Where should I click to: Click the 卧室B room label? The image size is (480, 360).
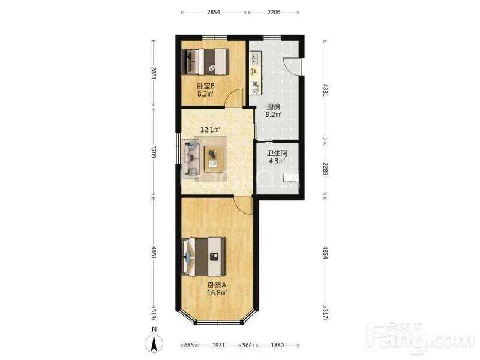coord(205,86)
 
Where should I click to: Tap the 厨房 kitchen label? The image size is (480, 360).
coord(274,107)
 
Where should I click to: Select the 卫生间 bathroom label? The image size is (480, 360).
coord(277,153)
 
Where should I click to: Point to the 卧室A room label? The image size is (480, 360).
coord(217,284)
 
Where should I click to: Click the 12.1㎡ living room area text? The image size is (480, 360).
coord(210,130)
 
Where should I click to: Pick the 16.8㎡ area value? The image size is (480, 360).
coord(217,293)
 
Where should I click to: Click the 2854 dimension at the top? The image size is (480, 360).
coord(214,13)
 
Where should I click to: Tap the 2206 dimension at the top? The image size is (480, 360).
coord(274,13)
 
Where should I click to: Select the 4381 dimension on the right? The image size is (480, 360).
coord(325,90)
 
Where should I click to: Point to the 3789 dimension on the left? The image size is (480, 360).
coord(154,152)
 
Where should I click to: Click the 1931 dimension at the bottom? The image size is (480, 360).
coord(218,346)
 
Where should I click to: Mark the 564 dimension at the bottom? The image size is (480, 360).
coord(247,346)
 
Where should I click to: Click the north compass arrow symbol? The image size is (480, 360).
coord(154,343)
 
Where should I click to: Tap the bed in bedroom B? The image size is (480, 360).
coord(205,62)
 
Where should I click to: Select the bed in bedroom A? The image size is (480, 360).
coord(204,257)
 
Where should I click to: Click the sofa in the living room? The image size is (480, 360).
coord(191,158)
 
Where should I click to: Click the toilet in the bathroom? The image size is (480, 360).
coord(290,178)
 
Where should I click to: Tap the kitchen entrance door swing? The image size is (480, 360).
coord(291,65)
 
